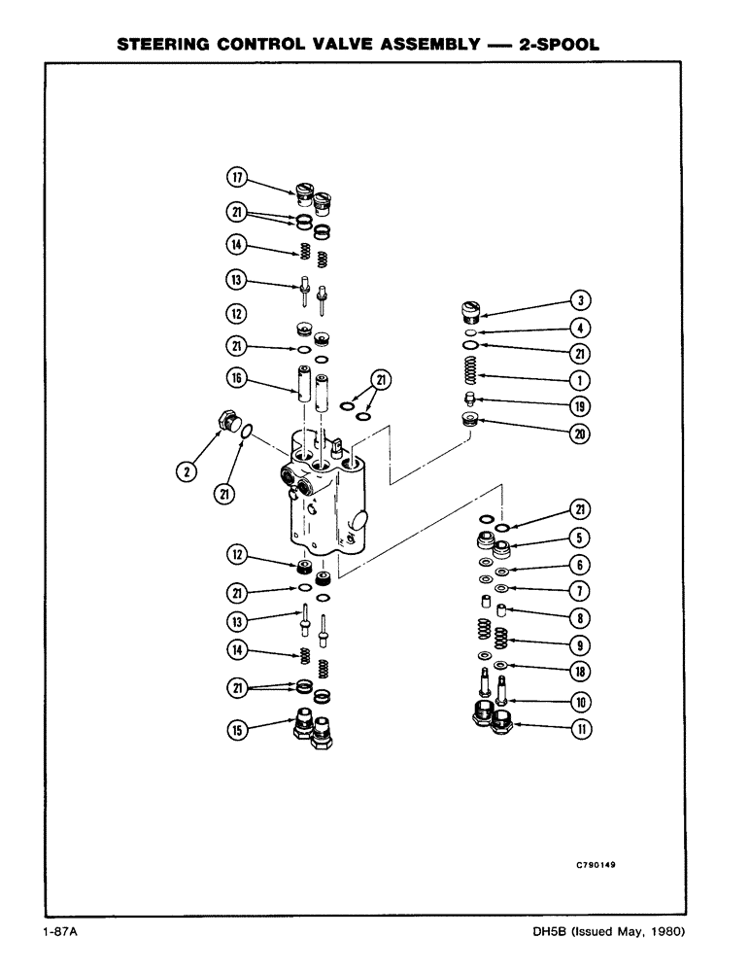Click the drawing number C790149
(x=595, y=861)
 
